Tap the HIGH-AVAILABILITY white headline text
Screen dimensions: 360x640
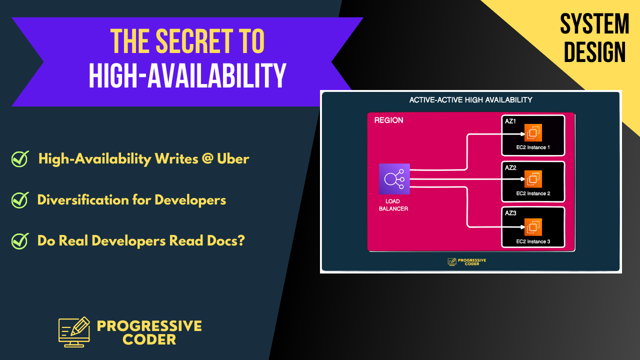point(187,76)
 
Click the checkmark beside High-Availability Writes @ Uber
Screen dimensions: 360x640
point(20,159)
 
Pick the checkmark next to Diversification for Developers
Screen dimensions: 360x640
point(20,200)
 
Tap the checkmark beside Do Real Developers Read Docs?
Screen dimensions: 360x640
point(20,240)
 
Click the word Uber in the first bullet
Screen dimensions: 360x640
point(233,159)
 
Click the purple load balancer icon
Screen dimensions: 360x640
point(394,178)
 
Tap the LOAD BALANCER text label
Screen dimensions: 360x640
point(393,205)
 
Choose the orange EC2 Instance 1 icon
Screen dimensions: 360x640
point(533,133)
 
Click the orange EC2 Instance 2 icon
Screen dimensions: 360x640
point(533,179)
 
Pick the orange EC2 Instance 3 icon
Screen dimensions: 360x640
point(533,227)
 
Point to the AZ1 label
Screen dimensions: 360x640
point(510,121)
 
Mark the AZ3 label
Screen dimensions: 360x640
point(510,213)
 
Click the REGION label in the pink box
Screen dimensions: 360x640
point(388,120)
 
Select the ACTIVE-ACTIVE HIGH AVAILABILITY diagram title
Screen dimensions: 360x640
point(470,100)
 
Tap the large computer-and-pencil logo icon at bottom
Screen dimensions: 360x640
point(74,332)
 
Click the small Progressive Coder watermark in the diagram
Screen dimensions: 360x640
point(467,261)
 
